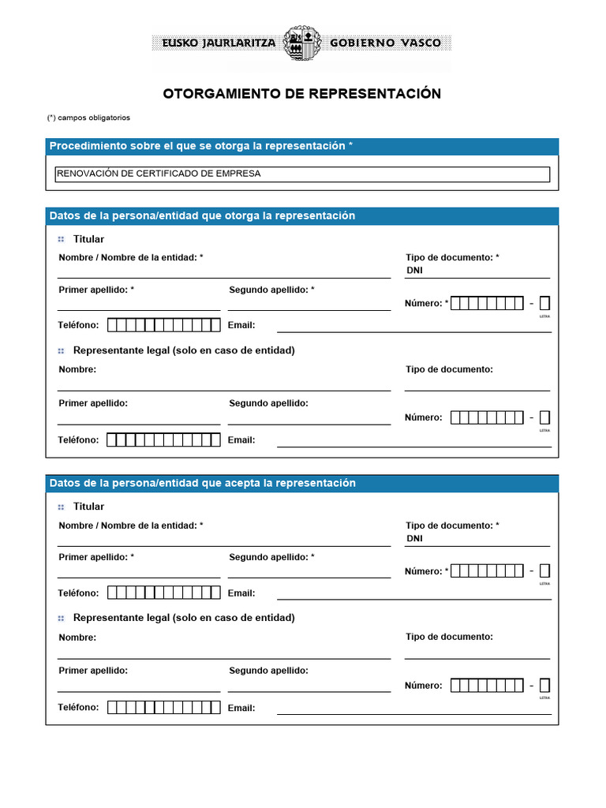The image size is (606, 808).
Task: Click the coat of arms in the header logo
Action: coord(302,43)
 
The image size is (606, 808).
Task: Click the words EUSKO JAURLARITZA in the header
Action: coord(219,43)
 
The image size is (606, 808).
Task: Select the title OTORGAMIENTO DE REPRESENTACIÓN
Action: coord(302,94)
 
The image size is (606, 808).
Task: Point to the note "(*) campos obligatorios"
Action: coord(88,118)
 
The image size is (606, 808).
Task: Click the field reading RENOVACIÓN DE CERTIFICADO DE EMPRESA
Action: coord(302,174)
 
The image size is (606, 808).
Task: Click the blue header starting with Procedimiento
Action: coord(302,147)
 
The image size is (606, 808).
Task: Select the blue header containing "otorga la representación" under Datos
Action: coord(302,216)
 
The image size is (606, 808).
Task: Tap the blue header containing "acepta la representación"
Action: coord(302,484)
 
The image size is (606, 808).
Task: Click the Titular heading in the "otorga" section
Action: coord(88,239)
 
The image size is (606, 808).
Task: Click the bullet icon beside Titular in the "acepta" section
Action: coord(61,507)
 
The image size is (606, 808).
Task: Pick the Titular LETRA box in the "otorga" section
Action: coord(544,304)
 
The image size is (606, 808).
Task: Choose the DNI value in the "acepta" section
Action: coord(414,539)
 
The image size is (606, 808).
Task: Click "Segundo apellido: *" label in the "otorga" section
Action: coord(271,290)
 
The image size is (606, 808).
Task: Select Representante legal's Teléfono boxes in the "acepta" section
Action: coord(163,708)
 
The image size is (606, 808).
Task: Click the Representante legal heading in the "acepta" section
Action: coord(184,618)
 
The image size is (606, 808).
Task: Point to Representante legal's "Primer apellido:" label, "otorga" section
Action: coord(93,403)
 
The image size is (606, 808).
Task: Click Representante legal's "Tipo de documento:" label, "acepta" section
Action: coord(449,637)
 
